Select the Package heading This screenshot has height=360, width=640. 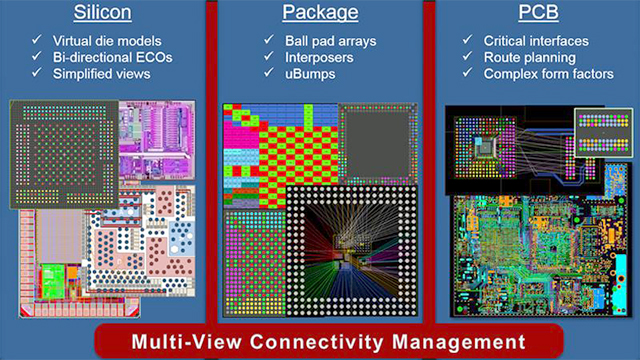[319, 15]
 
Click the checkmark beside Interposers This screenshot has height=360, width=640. [269, 57]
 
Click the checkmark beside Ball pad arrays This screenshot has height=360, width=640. [269, 40]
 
